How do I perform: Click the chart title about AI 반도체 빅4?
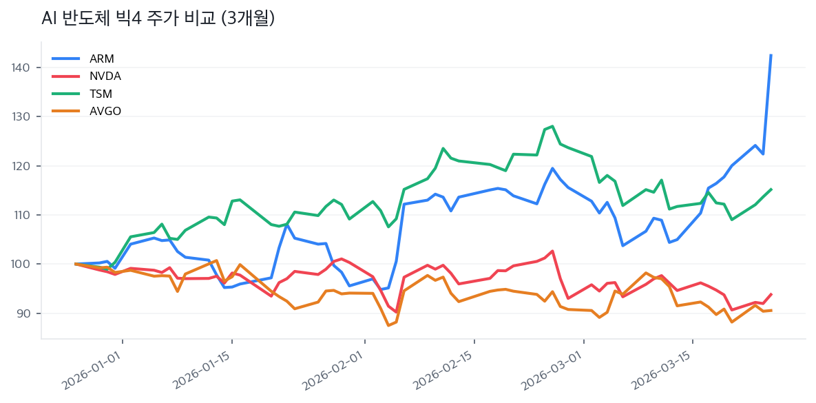158,19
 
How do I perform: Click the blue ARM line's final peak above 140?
771,55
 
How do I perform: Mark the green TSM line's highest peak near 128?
552,126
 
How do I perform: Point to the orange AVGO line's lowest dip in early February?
388,325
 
